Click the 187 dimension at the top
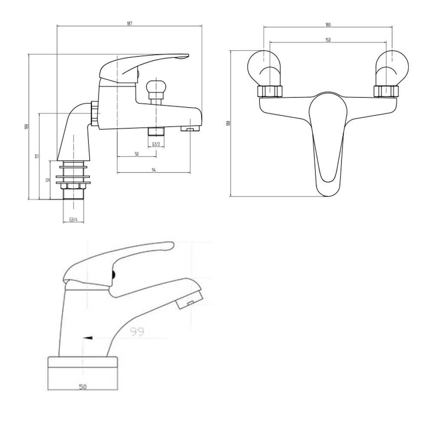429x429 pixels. (x=130, y=24)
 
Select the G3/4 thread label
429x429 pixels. (x=73, y=220)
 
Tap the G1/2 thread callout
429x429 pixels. (x=156, y=145)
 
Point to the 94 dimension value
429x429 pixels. (x=154, y=170)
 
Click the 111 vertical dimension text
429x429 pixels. (x=37, y=157)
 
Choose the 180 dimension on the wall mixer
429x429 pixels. (x=328, y=25)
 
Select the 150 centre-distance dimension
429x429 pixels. (x=328, y=40)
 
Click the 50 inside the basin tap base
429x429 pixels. (x=82, y=387)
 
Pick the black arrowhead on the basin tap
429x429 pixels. (x=88, y=338)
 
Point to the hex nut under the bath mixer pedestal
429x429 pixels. (x=74, y=186)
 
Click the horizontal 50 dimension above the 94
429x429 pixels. (x=136, y=154)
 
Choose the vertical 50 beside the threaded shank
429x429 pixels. (x=48, y=180)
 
